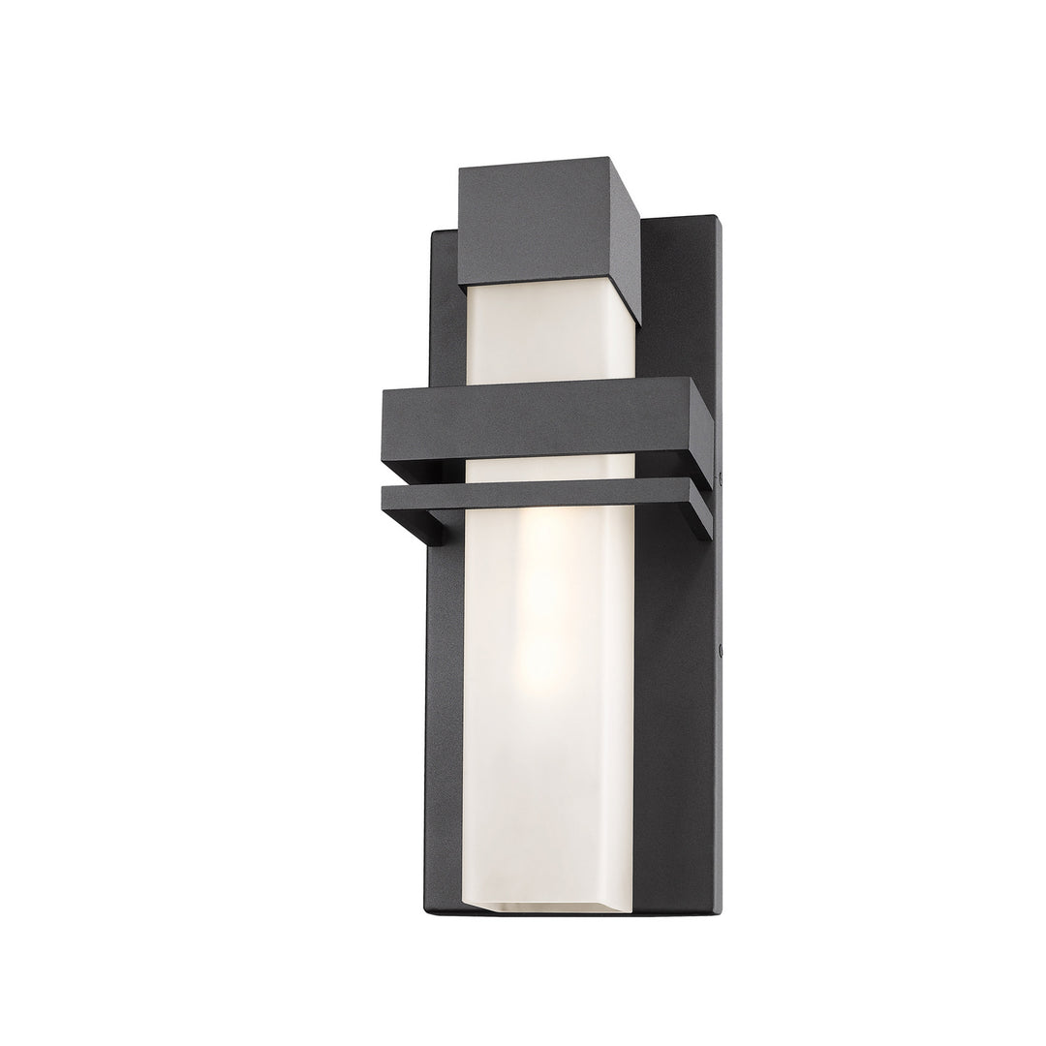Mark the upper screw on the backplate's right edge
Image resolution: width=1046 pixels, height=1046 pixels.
click(x=722, y=476)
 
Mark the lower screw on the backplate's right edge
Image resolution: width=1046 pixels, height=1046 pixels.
click(x=722, y=655)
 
